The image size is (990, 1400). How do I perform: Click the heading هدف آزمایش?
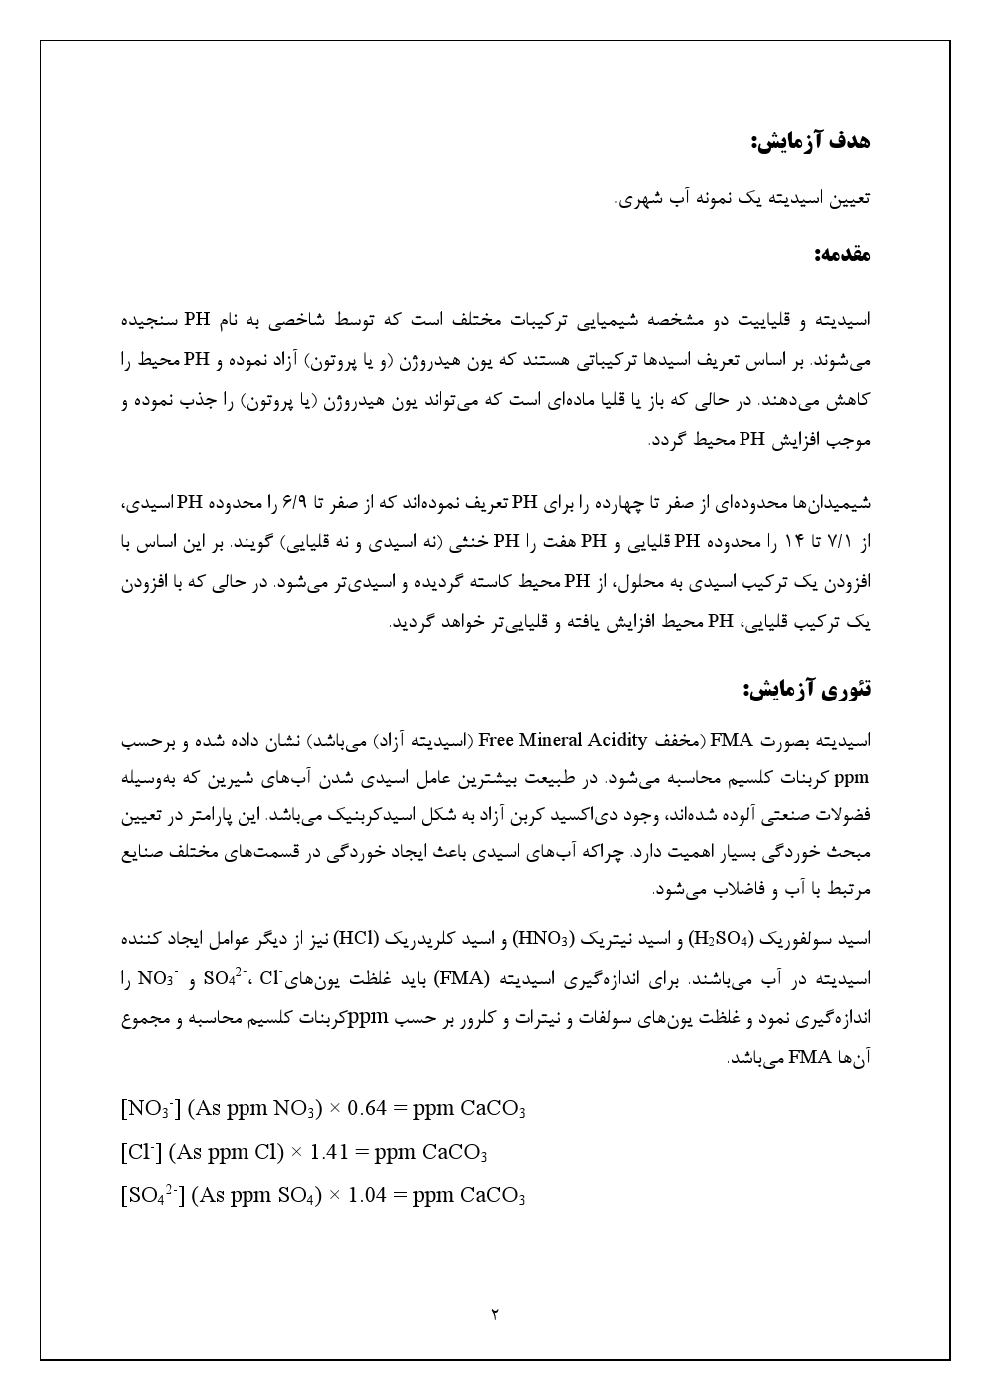point(810,141)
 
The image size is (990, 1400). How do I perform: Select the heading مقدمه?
point(842,255)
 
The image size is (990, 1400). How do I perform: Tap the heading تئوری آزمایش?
point(806,689)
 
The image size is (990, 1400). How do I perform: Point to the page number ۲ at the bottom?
point(495,1314)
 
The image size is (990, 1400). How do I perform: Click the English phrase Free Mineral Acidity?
point(564,740)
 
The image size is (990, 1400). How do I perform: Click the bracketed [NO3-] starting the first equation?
point(150,1109)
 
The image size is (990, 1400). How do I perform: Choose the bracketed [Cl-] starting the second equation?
point(140,1153)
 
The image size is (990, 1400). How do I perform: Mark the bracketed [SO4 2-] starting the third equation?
point(152,1196)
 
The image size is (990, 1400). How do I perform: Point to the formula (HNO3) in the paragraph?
point(545,940)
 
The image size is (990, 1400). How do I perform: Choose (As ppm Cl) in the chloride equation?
point(227,1153)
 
